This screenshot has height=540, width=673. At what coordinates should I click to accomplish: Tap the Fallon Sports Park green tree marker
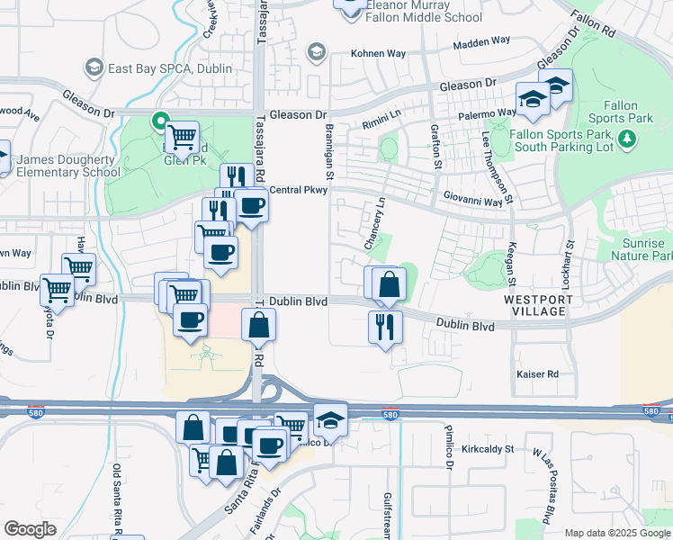pyautogui.click(x=628, y=140)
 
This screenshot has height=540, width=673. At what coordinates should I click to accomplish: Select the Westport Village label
pyautogui.click(x=534, y=305)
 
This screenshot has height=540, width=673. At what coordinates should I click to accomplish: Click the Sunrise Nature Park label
pyautogui.click(x=643, y=250)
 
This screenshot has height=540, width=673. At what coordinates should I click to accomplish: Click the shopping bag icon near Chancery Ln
pyautogui.click(x=389, y=284)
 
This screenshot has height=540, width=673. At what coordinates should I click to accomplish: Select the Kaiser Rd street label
pyautogui.click(x=538, y=373)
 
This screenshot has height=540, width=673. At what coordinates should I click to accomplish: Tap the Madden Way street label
pyautogui.click(x=480, y=41)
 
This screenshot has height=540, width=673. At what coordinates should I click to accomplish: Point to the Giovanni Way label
pyautogui.click(x=472, y=203)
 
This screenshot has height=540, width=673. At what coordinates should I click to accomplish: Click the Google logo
pyautogui.click(x=30, y=529)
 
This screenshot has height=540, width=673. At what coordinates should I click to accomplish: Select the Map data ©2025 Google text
pyautogui.click(x=616, y=533)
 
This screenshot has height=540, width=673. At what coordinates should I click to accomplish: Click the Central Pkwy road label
pyautogui.click(x=298, y=190)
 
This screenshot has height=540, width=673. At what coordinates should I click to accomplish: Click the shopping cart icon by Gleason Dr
pyautogui.click(x=183, y=138)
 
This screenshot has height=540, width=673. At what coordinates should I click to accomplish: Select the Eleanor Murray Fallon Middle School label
pyautogui.click(x=424, y=11)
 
